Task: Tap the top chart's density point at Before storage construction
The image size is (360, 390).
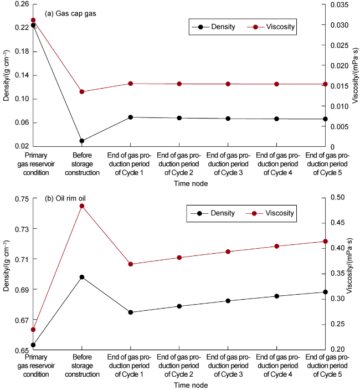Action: click(82, 141)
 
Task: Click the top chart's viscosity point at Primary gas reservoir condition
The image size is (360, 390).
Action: click(33, 20)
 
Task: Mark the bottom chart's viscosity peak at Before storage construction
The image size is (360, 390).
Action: click(82, 206)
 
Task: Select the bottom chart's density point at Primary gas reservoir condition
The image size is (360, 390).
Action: click(33, 345)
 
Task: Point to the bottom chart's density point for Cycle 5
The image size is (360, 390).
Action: click(325, 292)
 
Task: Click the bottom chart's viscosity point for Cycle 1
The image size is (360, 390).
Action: click(131, 264)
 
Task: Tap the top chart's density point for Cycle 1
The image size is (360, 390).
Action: click(131, 117)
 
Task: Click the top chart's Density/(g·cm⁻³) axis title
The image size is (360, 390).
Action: click(6, 75)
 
